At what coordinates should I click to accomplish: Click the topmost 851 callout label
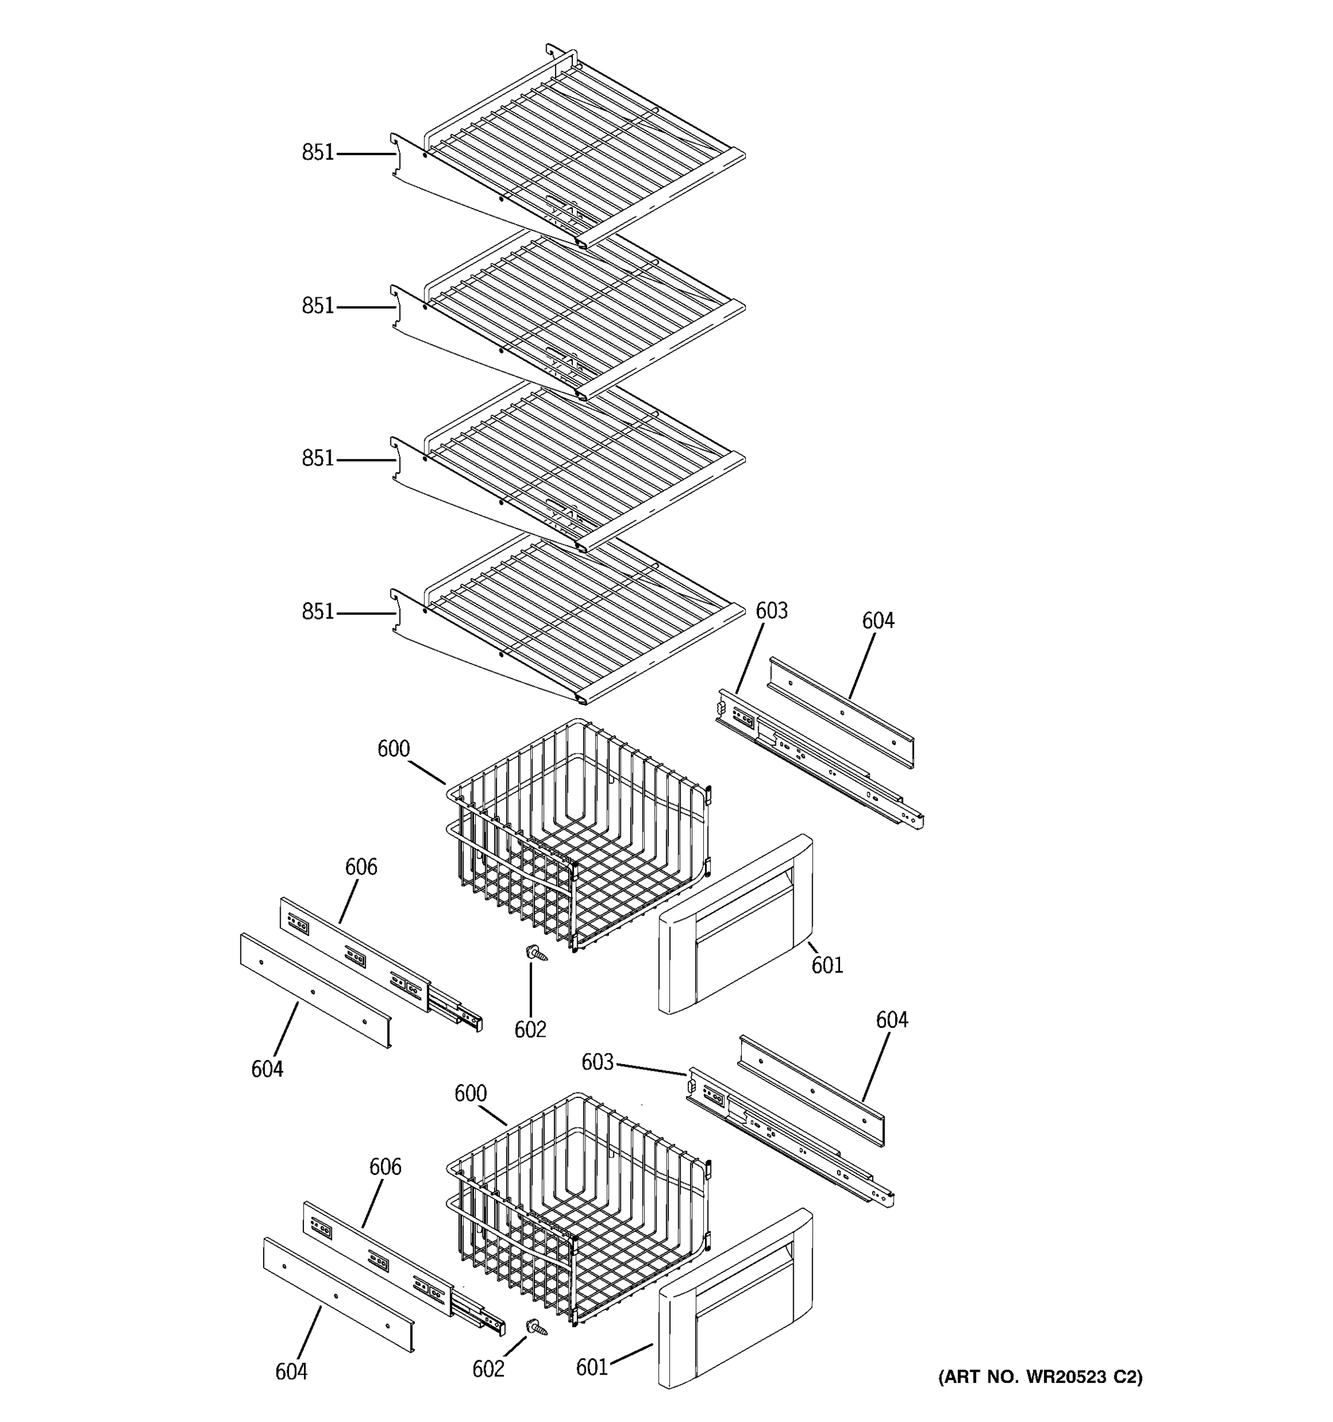[x=318, y=152]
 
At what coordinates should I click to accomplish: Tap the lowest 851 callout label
[x=318, y=611]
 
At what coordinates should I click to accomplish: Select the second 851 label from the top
[x=318, y=306]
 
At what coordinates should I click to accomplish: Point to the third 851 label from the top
[x=318, y=459]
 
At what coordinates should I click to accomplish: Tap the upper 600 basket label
[x=393, y=749]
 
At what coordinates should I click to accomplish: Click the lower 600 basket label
[x=470, y=1094]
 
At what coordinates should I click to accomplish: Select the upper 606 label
[x=361, y=867]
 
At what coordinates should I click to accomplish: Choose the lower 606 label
[x=384, y=1167]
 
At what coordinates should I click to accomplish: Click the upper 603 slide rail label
[x=771, y=611]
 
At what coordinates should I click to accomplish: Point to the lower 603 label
[x=597, y=1063]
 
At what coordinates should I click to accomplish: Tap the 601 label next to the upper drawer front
[x=828, y=966]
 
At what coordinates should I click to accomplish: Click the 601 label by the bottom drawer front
[x=592, y=1367]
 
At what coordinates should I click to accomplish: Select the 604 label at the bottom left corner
[x=291, y=1371]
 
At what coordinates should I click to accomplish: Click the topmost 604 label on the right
[x=878, y=621]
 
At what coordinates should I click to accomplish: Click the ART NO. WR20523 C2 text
[x=1040, y=1377]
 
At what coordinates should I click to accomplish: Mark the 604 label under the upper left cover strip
[x=267, y=1069]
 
